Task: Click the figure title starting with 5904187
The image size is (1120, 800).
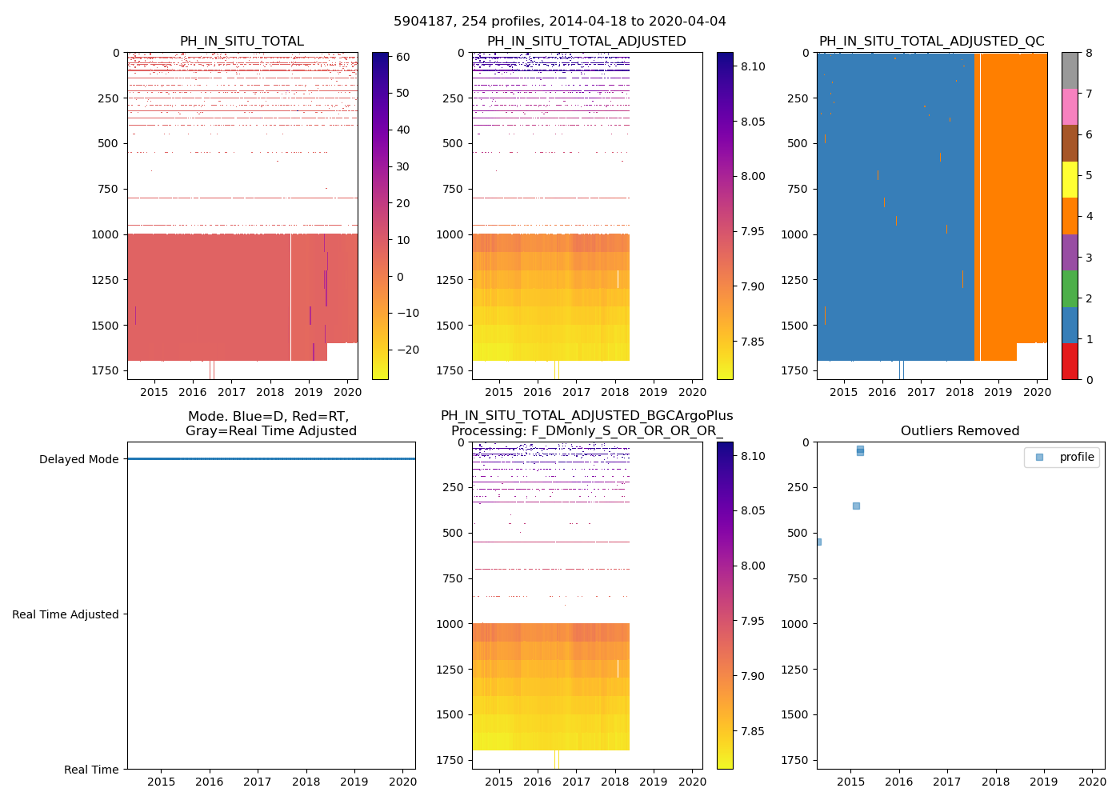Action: (x=560, y=22)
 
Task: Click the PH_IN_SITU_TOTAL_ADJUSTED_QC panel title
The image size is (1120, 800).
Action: (x=931, y=42)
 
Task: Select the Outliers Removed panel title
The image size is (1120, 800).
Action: (x=960, y=431)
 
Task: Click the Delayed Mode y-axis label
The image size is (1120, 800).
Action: (x=78, y=459)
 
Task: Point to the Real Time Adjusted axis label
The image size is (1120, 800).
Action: (x=65, y=614)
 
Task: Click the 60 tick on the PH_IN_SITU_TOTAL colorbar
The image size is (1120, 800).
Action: (x=402, y=57)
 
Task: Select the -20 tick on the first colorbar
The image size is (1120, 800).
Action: (x=407, y=350)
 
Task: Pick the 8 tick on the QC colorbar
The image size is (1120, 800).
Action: (x=1089, y=53)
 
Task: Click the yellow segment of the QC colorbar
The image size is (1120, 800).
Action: (x=1070, y=179)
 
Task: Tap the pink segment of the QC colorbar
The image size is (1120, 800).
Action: (x=1070, y=106)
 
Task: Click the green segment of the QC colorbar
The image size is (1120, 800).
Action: (x=1070, y=288)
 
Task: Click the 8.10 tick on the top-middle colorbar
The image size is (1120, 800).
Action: (x=753, y=66)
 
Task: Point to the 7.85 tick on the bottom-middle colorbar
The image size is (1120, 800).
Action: (x=753, y=731)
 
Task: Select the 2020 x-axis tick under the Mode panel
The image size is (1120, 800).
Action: (x=402, y=782)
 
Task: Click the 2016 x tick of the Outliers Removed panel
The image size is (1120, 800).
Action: (x=898, y=782)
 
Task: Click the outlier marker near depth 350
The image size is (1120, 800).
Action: (x=856, y=506)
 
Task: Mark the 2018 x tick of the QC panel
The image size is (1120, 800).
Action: (x=959, y=392)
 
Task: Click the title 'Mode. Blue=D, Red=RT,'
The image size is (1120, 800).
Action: (x=269, y=417)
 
